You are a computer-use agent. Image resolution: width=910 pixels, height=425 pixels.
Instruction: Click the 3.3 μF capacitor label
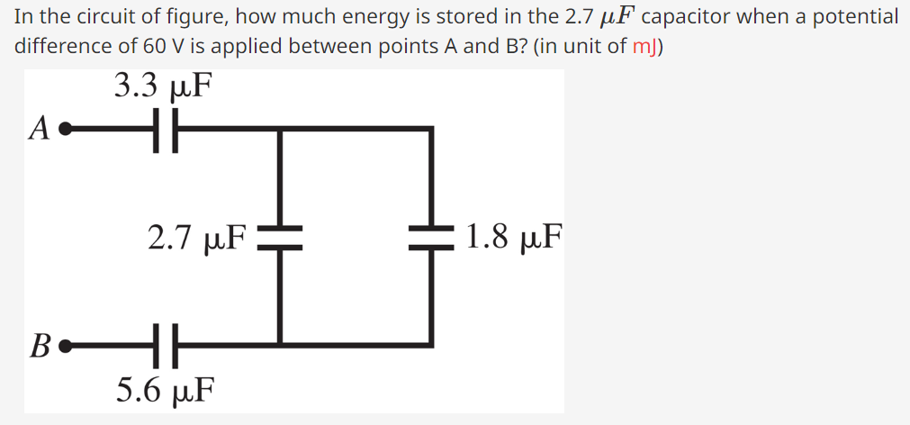(x=164, y=86)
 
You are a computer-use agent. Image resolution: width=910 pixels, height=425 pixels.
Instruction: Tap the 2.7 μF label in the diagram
(x=197, y=237)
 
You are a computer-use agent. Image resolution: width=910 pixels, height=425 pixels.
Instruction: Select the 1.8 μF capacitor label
(x=514, y=237)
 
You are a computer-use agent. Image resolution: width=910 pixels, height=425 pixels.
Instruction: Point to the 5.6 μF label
(x=166, y=390)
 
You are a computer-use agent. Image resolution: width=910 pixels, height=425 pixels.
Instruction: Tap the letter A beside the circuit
(x=39, y=129)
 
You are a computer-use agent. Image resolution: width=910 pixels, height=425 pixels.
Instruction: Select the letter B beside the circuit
(x=39, y=345)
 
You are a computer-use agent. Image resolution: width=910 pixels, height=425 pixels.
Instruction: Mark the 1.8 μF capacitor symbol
(x=431, y=236)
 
